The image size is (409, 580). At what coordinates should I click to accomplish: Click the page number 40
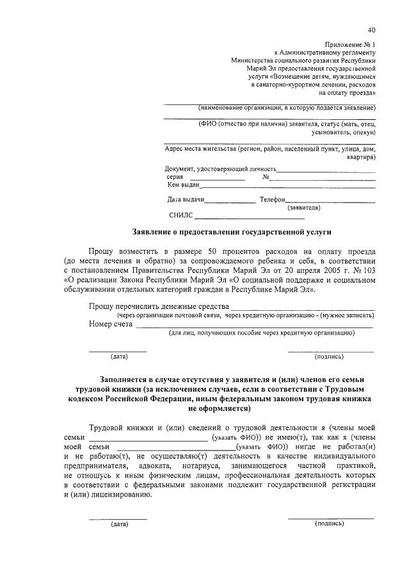click(x=371, y=30)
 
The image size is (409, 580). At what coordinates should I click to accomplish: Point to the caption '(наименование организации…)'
click(x=286, y=108)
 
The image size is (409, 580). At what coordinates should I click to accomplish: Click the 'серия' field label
click(x=175, y=177)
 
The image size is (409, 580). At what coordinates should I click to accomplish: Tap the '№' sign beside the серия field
click(x=265, y=177)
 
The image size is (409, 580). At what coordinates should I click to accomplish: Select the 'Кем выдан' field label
click(x=184, y=185)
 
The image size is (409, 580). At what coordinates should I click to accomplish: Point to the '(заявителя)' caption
click(x=304, y=208)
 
